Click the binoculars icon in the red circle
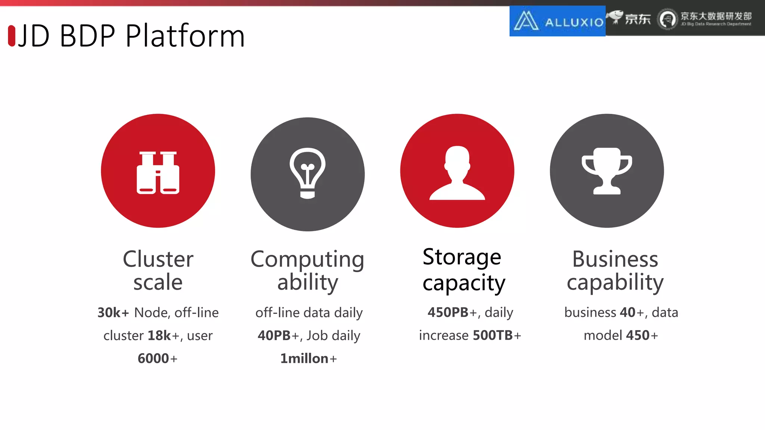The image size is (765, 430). click(x=158, y=172)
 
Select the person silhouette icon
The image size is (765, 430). click(x=457, y=172)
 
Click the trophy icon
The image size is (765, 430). click(x=607, y=171)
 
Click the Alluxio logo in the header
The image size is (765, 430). click(x=557, y=21)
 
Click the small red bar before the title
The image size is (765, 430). click(x=12, y=36)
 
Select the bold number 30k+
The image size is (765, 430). click(x=113, y=313)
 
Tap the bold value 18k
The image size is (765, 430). click(x=159, y=336)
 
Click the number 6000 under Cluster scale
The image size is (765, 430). click(x=153, y=359)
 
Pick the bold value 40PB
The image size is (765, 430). click(x=274, y=336)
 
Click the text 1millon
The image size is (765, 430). click(x=304, y=359)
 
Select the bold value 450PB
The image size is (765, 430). click(x=448, y=312)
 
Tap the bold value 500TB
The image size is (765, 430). click(x=493, y=335)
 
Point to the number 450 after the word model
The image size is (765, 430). click(x=638, y=335)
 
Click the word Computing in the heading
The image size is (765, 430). click(x=307, y=259)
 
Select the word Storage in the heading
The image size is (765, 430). click(x=462, y=257)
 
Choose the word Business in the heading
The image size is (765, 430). click(x=615, y=259)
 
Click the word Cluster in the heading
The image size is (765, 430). click(x=158, y=259)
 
